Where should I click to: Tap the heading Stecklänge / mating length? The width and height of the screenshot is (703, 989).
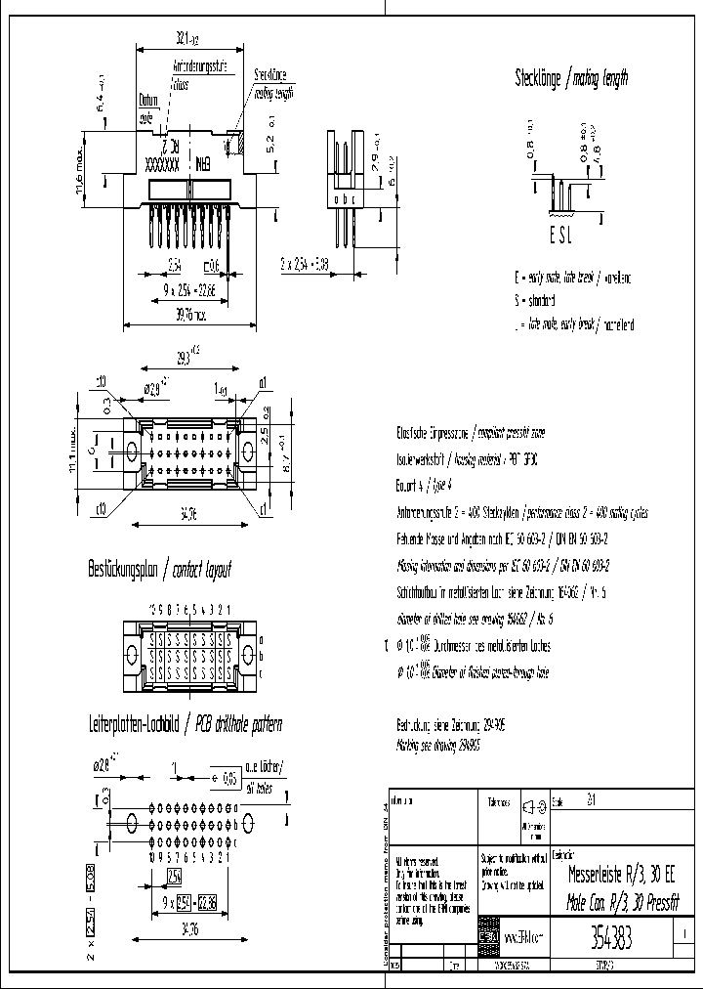pyautogui.click(x=571, y=78)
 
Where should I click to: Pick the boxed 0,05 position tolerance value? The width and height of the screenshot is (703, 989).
pyautogui.click(x=229, y=779)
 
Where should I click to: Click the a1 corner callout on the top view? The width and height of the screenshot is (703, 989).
pyautogui.click(x=263, y=382)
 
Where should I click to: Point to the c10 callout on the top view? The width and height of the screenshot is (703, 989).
pyautogui.click(x=101, y=508)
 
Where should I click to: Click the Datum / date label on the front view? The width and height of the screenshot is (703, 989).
pyautogui.click(x=147, y=106)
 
